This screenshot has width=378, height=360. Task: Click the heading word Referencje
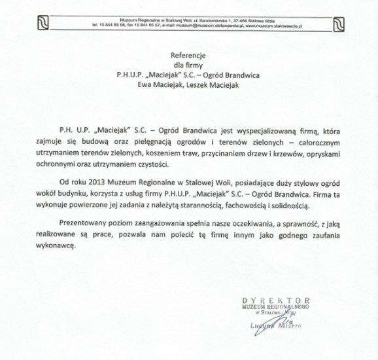click(188, 55)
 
